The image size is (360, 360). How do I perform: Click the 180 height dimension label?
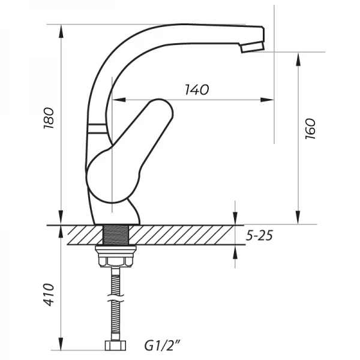pyautogui.click(x=49, y=118)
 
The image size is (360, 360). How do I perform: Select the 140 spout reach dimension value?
pyautogui.click(x=197, y=89)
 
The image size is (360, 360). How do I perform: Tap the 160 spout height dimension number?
pyautogui.click(x=310, y=128)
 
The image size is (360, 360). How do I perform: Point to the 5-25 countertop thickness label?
pyautogui.click(x=259, y=235)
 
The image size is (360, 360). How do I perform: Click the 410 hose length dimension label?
pyautogui.click(x=49, y=295)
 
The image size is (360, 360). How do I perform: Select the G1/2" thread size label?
pyautogui.click(x=163, y=346)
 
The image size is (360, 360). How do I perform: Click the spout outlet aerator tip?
pyautogui.click(x=253, y=47)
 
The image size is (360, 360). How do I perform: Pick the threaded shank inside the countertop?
pyautogui.click(x=116, y=235)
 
